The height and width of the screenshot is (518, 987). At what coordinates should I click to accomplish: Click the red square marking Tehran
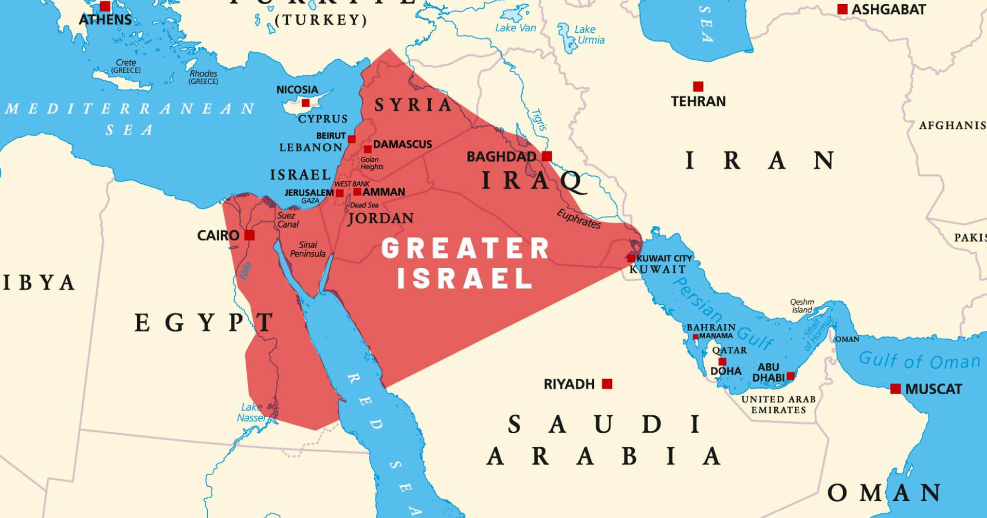[x=698, y=86]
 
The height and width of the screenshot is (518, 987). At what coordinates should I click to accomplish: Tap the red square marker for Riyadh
[x=607, y=384]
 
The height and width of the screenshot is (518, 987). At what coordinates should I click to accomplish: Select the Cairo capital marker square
[x=249, y=235]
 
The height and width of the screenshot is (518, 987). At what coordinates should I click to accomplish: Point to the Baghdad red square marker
[x=547, y=156]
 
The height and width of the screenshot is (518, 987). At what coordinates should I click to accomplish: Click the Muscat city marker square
[x=895, y=389]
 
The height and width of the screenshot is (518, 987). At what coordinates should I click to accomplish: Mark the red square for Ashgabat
[x=843, y=9]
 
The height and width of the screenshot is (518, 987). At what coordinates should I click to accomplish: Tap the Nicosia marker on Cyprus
[x=305, y=103]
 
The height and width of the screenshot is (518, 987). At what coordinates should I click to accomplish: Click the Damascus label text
[x=403, y=144]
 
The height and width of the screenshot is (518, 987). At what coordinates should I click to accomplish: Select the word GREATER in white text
[x=465, y=249]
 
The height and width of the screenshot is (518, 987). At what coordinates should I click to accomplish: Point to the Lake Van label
[x=515, y=28]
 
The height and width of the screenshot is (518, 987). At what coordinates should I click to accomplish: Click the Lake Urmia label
[x=588, y=34]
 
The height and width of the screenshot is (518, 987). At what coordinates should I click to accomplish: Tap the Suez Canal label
[x=287, y=220]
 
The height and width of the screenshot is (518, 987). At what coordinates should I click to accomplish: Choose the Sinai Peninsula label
[x=307, y=249]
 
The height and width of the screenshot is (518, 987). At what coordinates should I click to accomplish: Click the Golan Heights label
[x=372, y=163]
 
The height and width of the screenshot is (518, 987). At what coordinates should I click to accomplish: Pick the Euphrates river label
[x=579, y=219]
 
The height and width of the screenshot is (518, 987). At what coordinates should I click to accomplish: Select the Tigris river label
[x=539, y=120]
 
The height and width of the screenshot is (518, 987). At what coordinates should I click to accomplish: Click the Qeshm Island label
[x=802, y=306]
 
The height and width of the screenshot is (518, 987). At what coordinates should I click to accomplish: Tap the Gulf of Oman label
[x=919, y=360]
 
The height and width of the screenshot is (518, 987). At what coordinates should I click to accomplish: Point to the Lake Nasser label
[x=251, y=412]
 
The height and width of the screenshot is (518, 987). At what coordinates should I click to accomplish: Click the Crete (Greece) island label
[x=126, y=66]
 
